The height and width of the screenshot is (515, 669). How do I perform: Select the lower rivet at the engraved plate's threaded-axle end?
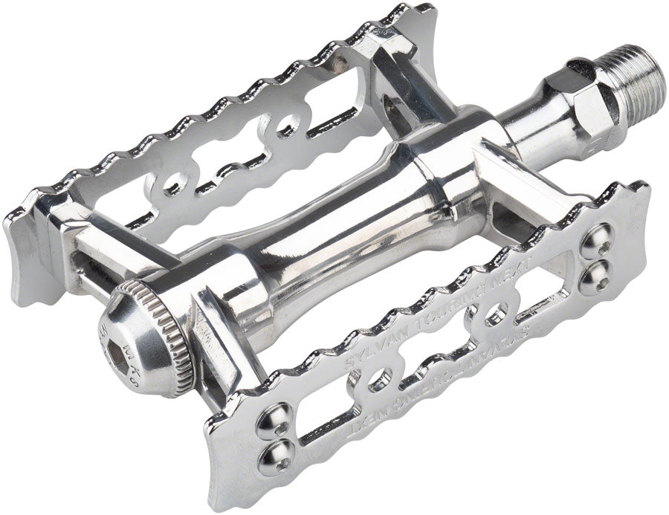tap(599, 273)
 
